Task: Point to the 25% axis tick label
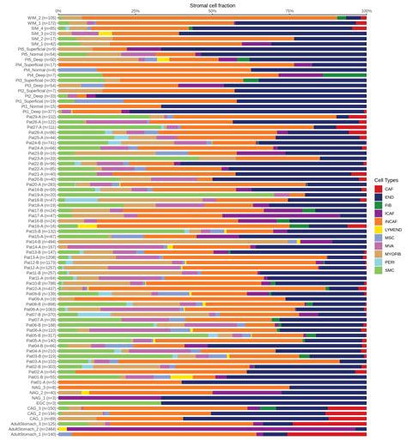(135, 11)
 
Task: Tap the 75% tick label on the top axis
(289, 11)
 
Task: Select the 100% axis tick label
(366, 11)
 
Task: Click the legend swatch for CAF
(378, 189)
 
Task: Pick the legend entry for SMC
(388, 270)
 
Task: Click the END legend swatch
(378, 197)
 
